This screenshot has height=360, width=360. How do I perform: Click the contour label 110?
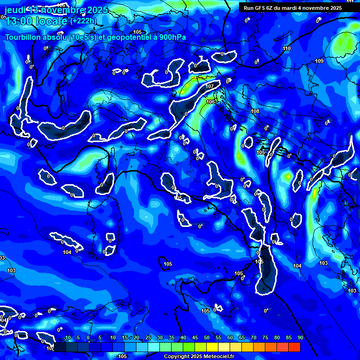point(286,48)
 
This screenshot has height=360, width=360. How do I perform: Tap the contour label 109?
point(319,61)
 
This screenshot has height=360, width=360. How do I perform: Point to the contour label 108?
point(255,111)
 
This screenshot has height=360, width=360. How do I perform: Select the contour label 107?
point(210,87)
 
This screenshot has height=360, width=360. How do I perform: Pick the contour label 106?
point(210,102)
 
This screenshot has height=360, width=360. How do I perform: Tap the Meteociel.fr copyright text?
point(199,356)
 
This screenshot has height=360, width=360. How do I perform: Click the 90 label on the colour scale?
point(300,338)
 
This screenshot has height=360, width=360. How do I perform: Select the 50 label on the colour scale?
point(207,338)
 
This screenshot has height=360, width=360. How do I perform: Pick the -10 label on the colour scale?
point(67,338)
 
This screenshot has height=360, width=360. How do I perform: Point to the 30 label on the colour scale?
point(160,338)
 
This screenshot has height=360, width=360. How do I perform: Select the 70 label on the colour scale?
point(254,338)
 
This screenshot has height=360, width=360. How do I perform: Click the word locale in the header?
point(53,21)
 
